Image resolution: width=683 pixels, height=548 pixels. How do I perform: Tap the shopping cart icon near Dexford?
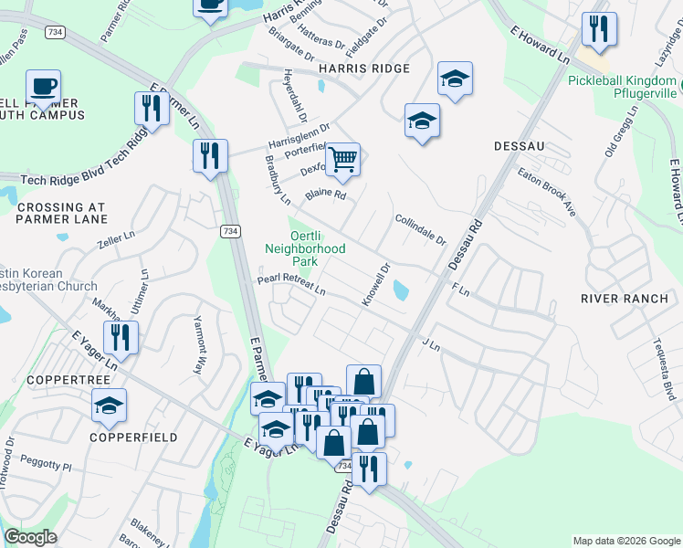pyautogui.click(x=342, y=160)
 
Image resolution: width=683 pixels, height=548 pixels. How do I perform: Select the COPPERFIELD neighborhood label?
pyautogui.click(x=132, y=437)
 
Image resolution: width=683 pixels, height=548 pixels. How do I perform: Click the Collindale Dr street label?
pyautogui.click(x=420, y=230)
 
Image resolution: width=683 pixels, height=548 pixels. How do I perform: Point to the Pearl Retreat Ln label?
pyautogui.click(x=291, y=285)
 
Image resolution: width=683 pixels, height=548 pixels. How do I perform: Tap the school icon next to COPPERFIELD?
pyautogui.click(x=110, y=406)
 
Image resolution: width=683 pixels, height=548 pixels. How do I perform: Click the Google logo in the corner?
pyautogui.click(x=30, y=537)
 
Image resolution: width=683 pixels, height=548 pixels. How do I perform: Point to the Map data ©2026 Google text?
pyautogui.click(x=625, y=541)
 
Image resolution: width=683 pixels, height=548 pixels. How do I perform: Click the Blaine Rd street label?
pyautogui.click(x=326, y=194)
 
